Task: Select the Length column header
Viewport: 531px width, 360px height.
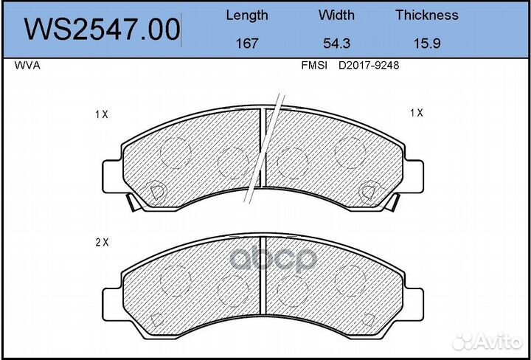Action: point(246,15)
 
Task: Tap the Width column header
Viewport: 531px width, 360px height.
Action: point(336,15)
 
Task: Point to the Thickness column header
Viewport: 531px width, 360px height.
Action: point(426,15)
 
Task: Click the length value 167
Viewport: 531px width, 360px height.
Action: point(246,43)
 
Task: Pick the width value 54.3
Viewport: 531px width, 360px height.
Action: point(336,43)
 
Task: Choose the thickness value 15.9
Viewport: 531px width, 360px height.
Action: point(426,43)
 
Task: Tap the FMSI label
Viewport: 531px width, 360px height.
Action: point(314,65)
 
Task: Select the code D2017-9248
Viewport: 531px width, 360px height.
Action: point(369,65)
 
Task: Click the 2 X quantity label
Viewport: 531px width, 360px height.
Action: point(102,242)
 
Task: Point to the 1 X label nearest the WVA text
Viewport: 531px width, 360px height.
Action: point(102,114)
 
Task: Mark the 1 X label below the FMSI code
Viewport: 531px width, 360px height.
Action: point(417,113)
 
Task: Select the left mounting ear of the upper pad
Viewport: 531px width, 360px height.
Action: point(111,176)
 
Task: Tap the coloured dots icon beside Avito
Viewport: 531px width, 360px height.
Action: point(464,340)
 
